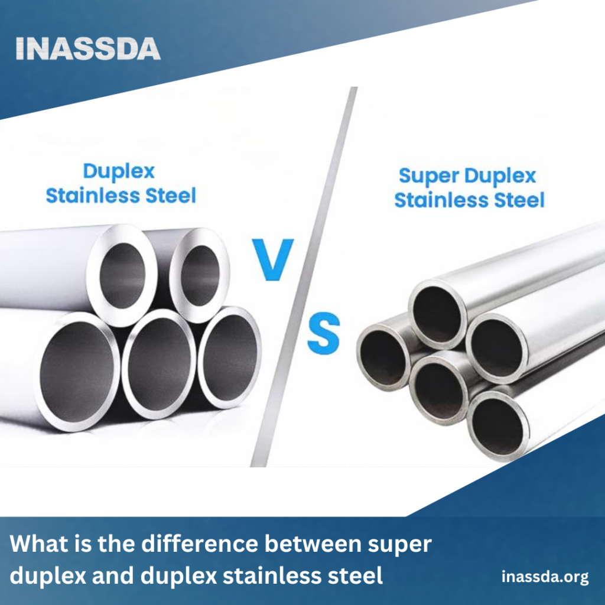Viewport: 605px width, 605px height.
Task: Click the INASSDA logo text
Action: point(88,48)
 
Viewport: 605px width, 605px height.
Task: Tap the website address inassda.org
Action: point(545,577)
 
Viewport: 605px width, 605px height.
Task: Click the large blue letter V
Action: point(273,259)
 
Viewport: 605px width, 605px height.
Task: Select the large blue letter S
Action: point(323,333)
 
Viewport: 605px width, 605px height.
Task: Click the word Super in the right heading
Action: point(429,176)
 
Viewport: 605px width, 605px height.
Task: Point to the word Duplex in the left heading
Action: point(119,171)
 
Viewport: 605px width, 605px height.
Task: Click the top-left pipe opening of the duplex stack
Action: point(122,275)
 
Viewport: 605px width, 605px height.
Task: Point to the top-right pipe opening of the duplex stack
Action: point(200,275)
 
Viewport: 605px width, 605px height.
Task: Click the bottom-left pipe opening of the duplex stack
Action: point(77,372)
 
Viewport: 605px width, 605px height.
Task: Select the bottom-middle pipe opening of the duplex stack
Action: point(158,363)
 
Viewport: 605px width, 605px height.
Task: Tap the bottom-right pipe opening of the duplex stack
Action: point(230,357)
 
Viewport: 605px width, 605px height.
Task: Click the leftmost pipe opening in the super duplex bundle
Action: point(383,357)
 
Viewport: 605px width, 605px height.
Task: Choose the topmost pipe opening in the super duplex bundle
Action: point(437,314)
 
